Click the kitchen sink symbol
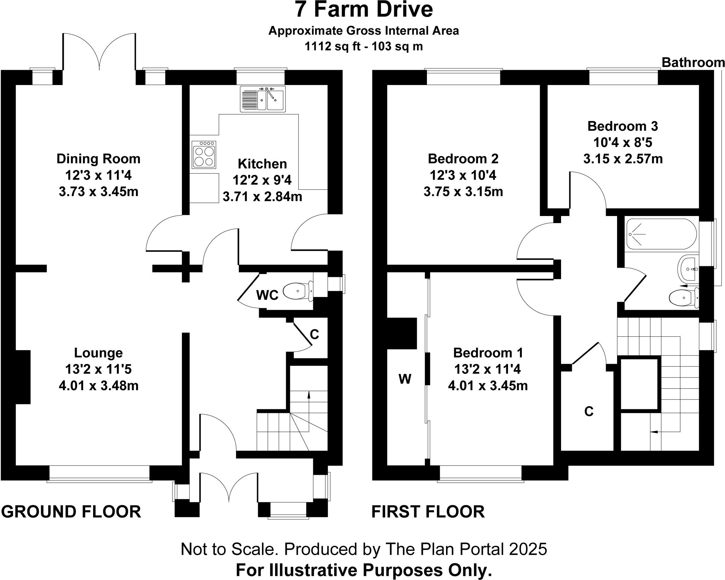(262, 99)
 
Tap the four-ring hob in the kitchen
(204, 154)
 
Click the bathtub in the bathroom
(661, 234)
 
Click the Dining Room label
(98, 159)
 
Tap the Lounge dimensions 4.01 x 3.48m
(98, 386)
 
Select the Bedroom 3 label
(623, 126)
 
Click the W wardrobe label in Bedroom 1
(405, 379)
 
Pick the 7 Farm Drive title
(364, 10)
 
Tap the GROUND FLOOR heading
(71, 512)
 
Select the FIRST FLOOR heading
(428, 512)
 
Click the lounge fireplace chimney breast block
(23, 377)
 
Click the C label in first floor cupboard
(588, 411)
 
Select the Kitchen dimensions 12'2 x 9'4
(262, 180)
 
